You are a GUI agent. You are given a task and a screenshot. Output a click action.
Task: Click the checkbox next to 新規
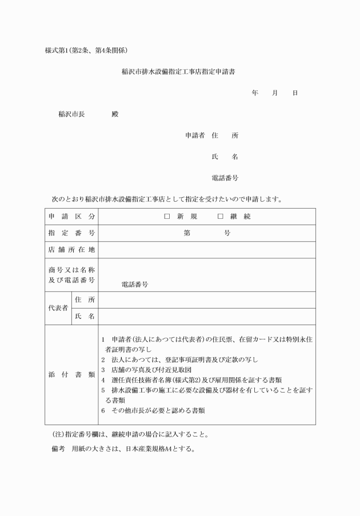[167, 217]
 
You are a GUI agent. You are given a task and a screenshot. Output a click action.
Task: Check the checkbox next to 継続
[220, 217]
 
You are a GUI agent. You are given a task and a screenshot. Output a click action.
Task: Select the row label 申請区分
[71, 217]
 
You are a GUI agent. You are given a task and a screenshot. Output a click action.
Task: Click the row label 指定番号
[71, 233]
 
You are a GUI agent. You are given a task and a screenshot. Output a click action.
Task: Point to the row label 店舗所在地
[71, 250]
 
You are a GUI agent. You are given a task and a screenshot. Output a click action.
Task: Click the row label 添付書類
[71, 375]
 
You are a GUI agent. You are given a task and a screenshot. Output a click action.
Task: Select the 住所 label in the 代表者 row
[85, 300]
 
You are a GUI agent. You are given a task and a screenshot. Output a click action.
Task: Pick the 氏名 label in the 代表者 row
[85, 317]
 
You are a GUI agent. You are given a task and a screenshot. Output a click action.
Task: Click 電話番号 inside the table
[135, 284]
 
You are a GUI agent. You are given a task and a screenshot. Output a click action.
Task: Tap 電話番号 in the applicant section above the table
[225, 178]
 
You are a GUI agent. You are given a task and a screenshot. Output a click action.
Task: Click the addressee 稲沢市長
[71, 114]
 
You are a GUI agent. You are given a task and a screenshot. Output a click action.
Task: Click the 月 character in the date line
[275, 93]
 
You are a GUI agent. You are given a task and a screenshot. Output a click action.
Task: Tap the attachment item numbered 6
[153, 410]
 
